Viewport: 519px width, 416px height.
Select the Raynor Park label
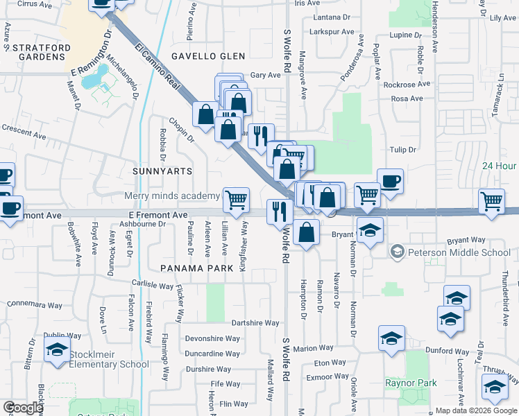(411, 382)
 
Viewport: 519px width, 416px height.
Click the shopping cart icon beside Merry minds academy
(237, 200)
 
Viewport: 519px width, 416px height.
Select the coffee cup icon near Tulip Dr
(390, 182)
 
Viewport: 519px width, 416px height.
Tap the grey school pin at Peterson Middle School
(397, 250)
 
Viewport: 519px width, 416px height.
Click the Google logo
(22, 408)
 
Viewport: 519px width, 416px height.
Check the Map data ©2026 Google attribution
(476, 410)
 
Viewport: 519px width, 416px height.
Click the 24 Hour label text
(500, 166)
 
